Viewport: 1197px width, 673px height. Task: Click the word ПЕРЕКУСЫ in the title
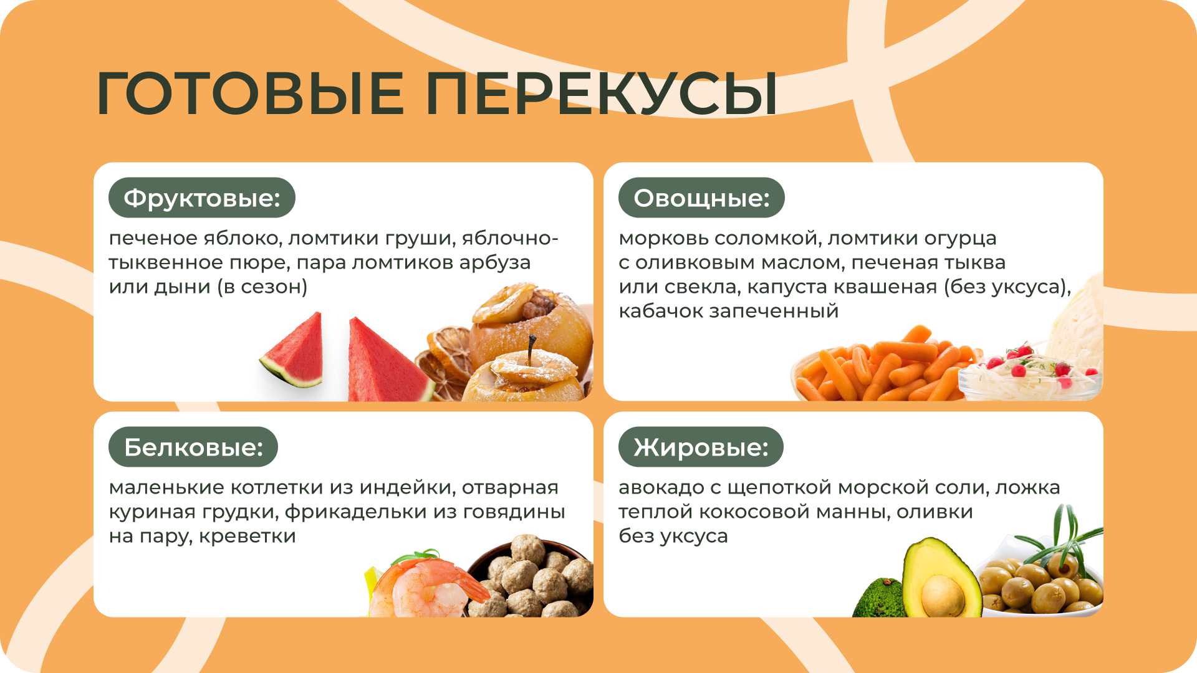(x=602, y=93)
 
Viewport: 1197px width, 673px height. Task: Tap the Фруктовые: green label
(x=202, y=198)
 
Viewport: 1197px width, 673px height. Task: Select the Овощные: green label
(x=701, y=198)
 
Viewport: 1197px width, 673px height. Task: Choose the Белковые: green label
(x=193, y=447)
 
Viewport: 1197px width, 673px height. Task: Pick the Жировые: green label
(x=701, y=447)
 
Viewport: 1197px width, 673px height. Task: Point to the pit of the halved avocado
(x=943, y=595)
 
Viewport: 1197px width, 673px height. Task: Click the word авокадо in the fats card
(x=661, y=487)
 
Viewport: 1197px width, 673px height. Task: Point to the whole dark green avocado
(x=879, y=598)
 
